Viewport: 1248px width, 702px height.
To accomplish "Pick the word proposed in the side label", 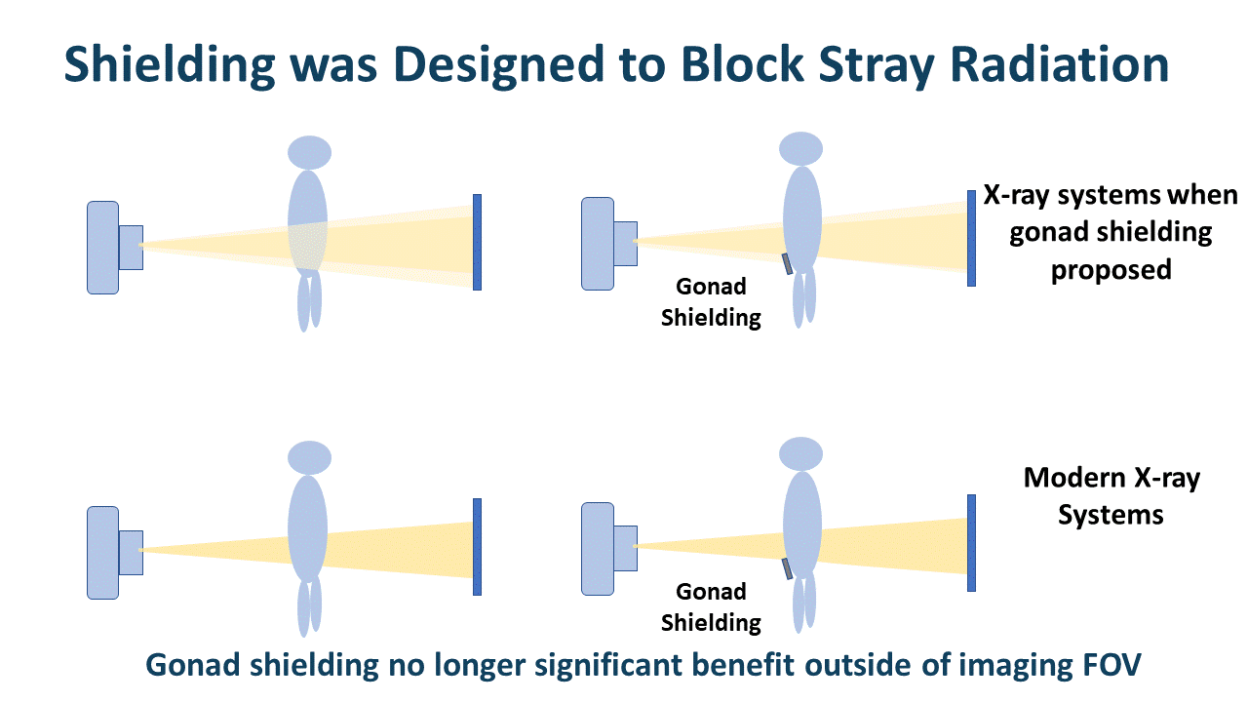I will click(x=1111, y=270).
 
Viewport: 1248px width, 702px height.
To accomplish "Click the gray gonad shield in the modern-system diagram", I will click(x=787, y=568).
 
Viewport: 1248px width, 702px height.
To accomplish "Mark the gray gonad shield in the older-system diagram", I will click(x=787, y=262).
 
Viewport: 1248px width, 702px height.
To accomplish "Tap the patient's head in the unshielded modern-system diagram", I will click(x=309, y=456).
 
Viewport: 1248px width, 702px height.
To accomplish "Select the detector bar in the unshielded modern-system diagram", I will click(x=477, y=546).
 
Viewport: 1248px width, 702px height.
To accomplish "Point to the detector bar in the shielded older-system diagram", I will click(x=971, y=238).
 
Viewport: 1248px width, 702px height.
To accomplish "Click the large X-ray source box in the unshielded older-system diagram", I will click(x=102, y=247).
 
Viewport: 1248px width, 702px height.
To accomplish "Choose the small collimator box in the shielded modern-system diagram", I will click(x=625, y=547).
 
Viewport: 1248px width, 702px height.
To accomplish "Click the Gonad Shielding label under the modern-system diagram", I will click(x=711, y=606).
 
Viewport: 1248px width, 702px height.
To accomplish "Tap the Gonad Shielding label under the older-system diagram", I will click(x=711, y=301).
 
